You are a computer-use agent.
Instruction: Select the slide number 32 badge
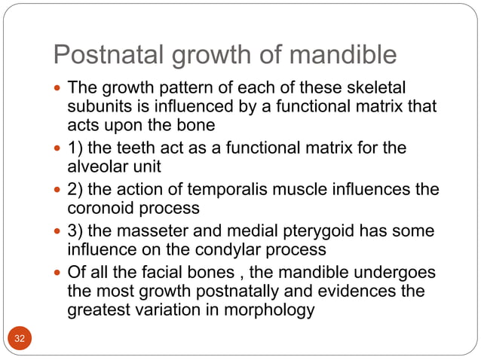tap(20, 339)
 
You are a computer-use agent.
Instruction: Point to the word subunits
tap(99, 108)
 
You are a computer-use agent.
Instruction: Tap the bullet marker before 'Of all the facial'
tap(59, 272)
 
